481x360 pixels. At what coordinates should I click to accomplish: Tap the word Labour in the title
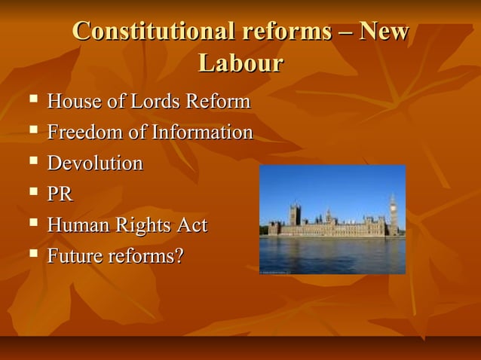coord(240,63)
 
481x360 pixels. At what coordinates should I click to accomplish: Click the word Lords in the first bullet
coord(148,102)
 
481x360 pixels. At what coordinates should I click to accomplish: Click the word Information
coord(202,133)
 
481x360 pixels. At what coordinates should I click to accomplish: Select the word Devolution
coord(95,163)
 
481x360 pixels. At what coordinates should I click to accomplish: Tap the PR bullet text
coord(60,194)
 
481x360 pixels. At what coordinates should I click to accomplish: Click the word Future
coord(75,256)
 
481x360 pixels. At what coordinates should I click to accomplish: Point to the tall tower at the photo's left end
coord(295,215)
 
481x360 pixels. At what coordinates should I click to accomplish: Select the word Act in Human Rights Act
coord(191,225)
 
